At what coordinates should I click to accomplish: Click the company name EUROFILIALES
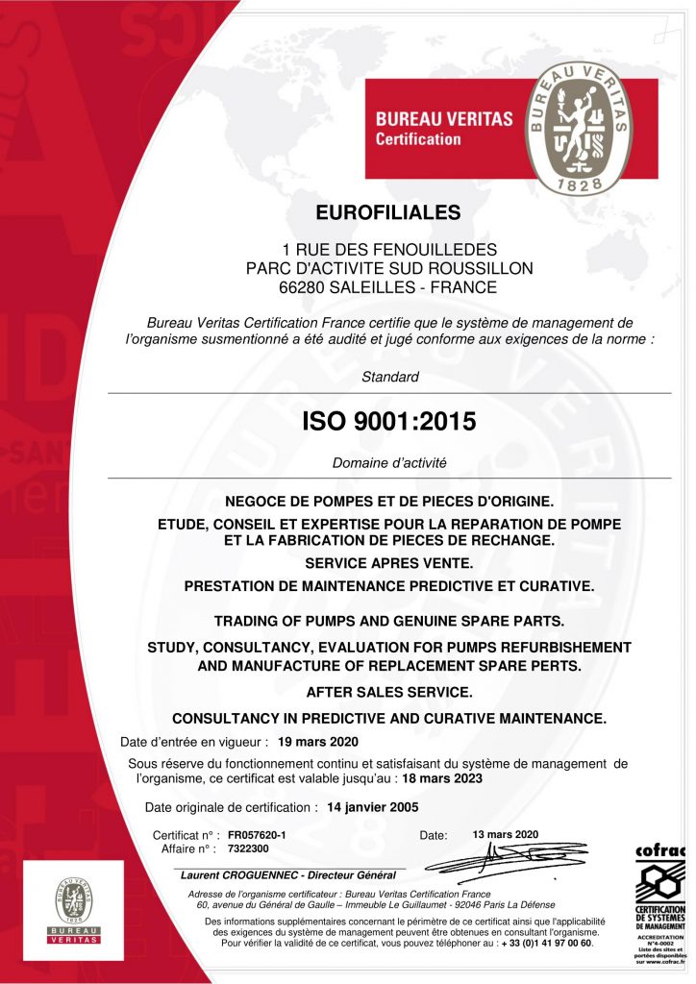point(388,211)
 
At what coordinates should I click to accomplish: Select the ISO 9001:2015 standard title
point(388,421)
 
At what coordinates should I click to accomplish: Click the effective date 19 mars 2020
point(317,742)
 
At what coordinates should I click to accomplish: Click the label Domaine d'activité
point(389,463)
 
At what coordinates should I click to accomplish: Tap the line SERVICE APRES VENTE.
point(388,562)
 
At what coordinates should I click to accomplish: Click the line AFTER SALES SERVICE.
point(388,692)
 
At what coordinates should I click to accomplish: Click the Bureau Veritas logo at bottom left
point(74,908)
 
